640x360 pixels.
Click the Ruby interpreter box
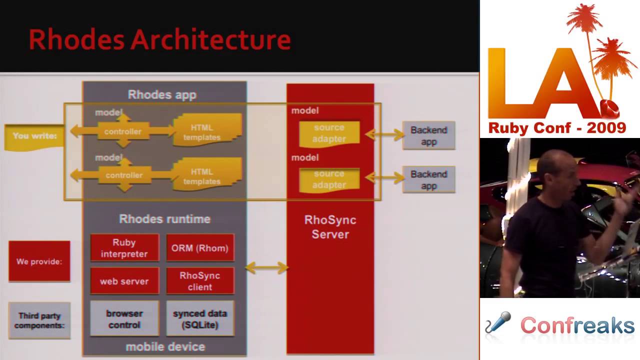(124, 248)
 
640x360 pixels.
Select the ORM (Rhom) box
(200, 248)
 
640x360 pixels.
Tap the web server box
(124, 281)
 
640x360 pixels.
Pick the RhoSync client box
(200, 281)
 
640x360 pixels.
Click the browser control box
(124, 319)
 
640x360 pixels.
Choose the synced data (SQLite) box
(200, 319)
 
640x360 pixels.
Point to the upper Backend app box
(428, 135)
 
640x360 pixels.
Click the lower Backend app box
(428, 180)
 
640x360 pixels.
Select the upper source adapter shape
(329, 133)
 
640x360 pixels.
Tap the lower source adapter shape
(329, 179)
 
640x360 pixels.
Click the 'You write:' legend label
(34, 136)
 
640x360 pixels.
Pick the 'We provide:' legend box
(39, 261)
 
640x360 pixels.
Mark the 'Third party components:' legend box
(39, 320)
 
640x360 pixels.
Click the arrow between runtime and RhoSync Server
(267, 268)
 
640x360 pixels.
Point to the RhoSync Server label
(330, 227)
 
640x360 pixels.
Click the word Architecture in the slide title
(210, 40)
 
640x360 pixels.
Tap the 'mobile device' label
(165, 346)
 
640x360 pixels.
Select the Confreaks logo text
(577, 325)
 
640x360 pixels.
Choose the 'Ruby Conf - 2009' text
(557, 128)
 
